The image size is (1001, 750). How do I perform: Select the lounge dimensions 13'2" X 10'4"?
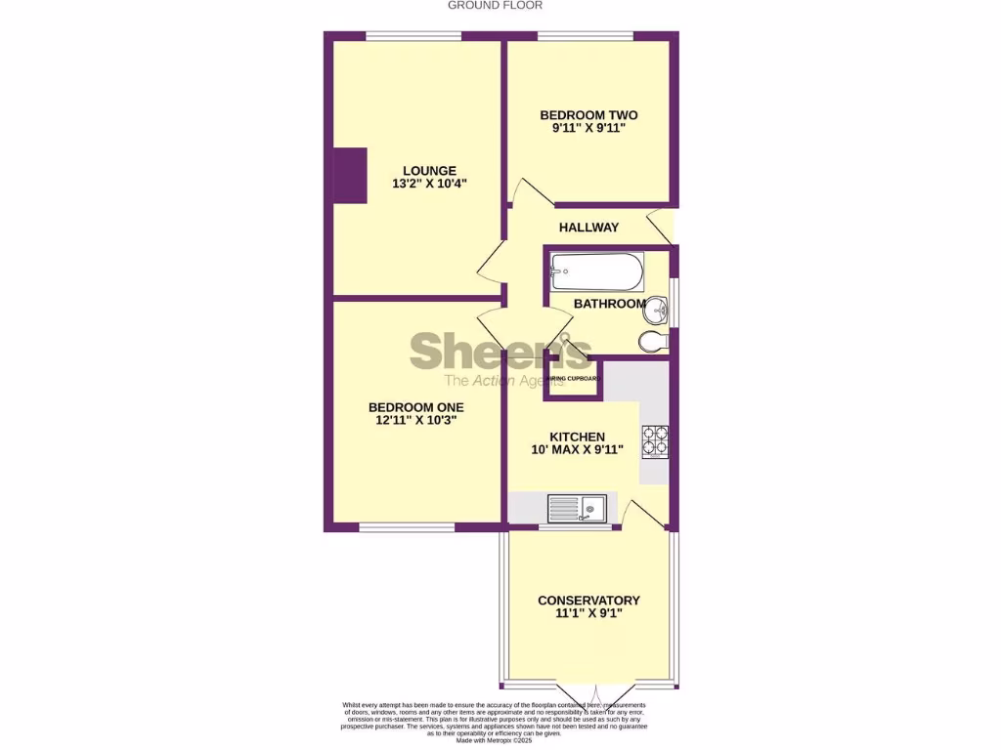click(416, 184)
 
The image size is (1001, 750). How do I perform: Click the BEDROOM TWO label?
click(588, 115)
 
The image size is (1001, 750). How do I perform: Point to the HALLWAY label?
click(588, 228)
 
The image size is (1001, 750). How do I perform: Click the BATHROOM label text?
click(608, 304)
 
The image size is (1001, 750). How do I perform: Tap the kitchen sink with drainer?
click(578, 508)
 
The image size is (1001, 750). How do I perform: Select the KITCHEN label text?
click(577, 437)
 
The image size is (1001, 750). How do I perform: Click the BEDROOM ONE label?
click(415, 407)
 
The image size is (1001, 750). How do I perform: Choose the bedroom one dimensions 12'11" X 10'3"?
click(415, 420)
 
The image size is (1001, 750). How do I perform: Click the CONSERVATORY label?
click(588, 601)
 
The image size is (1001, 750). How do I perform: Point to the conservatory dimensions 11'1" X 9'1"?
click(588, 613)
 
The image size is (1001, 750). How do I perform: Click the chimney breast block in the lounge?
click(350, 176)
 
